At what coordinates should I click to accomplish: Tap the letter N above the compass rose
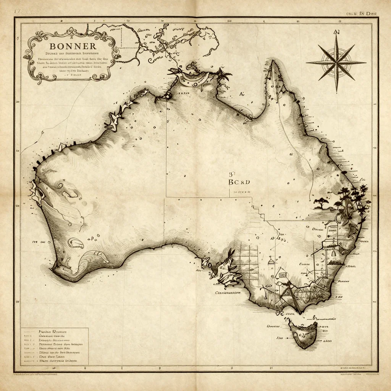click(x=336, y=32)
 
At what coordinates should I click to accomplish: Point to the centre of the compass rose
click(x=336, y=63)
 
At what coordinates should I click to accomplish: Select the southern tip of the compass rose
click(x=336, y=91)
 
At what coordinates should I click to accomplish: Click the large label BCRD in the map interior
click(x=239, y=182)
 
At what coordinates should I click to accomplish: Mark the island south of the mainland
click(x=304, y=334)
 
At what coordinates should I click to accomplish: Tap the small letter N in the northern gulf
click(x=241, y=94)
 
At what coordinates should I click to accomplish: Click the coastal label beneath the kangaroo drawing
click(x=228, y=293)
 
